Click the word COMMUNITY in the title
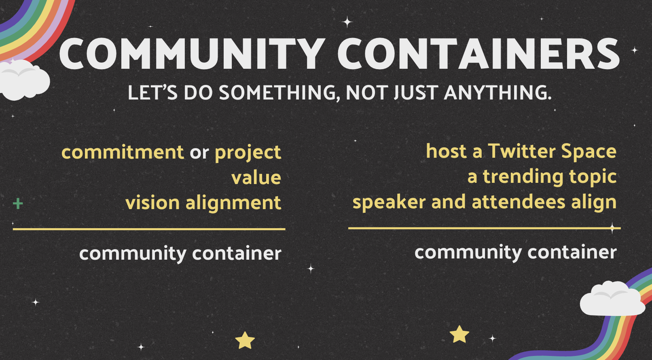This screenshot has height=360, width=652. pyautogui.click(x=192, y=54)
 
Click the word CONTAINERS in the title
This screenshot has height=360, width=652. pyautogui.click(x=478, y=54)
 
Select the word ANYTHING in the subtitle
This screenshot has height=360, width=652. pyautogui.click(x=497, y=93)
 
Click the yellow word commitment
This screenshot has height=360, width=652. pyautogui.click(x=123, y=152)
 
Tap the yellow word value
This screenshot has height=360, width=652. pyautogui.click(x=256, y=177)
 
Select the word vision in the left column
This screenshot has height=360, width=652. pyautogui.click(x=152, y=203)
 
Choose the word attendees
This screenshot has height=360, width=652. pyautogui.click(x=519, y=202)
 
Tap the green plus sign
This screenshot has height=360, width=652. pyautogui.click(x=18, y=204)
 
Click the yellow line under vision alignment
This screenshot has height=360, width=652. pyautogui.click(x=149, y=229)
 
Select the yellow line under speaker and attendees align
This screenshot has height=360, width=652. pyautogui.click(x=484, y=229)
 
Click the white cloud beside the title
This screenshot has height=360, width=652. pyautogui.click(x=23, y=80)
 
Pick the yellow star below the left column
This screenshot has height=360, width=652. pyautogui.click(x=245, y=340)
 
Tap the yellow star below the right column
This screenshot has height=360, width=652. pyautogui.click(x=459, y=335)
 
